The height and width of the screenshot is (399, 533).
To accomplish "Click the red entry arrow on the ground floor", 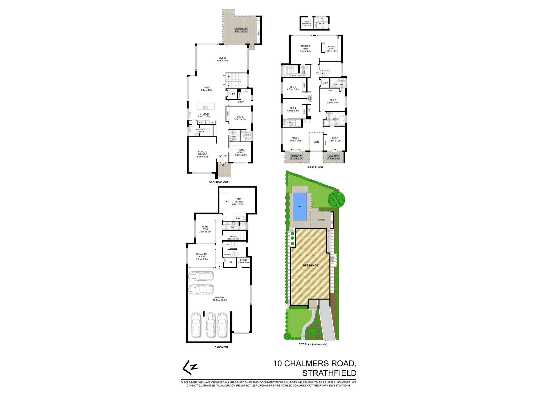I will [223, 165].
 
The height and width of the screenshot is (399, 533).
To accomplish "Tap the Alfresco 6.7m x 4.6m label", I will [241, 30].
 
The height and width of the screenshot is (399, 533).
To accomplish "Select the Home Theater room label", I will [238, 202].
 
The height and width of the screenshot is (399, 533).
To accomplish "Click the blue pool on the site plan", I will [300, 206].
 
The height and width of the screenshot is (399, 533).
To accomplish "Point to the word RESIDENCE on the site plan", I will [310, 265].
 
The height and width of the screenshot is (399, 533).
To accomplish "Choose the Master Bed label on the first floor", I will [305, 49].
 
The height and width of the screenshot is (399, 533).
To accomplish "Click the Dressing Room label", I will [332, 49].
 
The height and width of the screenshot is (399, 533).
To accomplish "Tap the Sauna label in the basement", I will [233, 238].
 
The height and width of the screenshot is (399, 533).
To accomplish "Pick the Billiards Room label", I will [202, 256].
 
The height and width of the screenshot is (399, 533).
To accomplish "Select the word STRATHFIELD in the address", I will [329, 373].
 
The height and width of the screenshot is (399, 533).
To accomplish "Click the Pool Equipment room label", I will [307, 23].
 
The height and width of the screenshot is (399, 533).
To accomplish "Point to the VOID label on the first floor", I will [316, 142].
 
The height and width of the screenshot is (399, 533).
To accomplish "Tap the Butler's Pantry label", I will [200, 131].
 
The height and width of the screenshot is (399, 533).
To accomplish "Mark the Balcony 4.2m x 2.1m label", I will [296, 157].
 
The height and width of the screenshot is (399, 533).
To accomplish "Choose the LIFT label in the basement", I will [230, 262].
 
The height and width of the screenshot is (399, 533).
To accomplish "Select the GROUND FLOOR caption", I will [219, 182].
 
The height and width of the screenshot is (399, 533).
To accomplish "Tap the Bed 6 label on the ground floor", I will [240, 118].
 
